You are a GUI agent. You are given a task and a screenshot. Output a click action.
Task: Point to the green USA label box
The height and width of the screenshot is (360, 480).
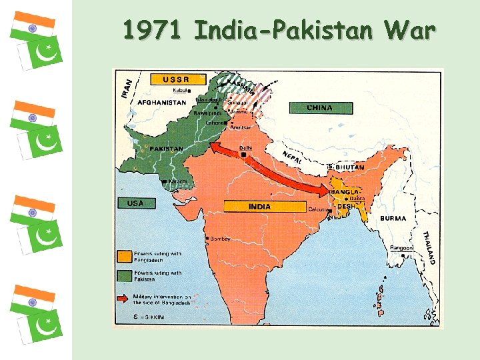pos(135,203)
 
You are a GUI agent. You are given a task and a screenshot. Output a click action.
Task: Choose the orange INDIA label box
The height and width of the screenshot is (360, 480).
pos(259,207)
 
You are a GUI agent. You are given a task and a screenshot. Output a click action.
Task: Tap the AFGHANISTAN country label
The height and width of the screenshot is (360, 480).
pos(162,103)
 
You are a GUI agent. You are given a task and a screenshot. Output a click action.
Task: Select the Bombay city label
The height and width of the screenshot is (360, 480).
pos(219,239)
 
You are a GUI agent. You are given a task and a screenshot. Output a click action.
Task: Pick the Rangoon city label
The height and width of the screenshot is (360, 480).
pos(403,248)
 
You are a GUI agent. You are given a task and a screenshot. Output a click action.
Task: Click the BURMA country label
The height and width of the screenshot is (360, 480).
pos(393,218)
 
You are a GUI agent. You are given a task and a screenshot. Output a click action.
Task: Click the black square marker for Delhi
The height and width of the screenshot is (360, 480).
pos(244,156)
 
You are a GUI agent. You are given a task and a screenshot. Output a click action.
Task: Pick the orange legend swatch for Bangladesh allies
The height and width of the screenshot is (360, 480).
pos(124,256)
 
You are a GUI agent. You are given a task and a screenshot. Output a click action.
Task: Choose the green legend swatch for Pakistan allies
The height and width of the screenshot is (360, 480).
pos(124,275)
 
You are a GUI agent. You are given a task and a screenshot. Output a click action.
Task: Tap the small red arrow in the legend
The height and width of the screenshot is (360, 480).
pos(124,298)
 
